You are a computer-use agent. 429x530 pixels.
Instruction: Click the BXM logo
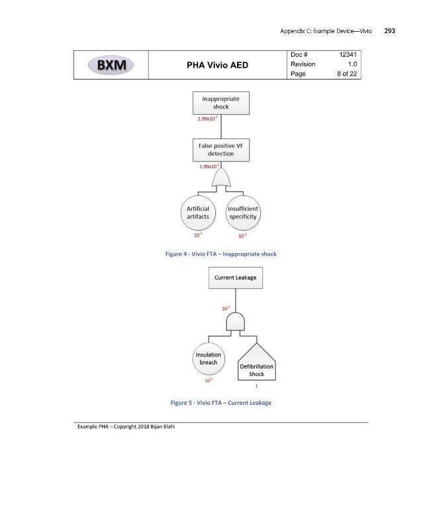coord(111,65)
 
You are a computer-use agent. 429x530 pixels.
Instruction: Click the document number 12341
coord(348,54)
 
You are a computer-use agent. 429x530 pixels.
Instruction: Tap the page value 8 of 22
coord(345,74)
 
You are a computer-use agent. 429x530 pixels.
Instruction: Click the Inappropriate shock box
coord(220,103)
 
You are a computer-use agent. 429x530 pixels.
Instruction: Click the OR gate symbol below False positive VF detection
coord(220,180)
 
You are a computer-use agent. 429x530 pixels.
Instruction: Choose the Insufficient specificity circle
coord(242,213)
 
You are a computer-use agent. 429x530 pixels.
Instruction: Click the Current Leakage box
coord(236,278)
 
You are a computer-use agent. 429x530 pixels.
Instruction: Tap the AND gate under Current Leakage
coord(236,321)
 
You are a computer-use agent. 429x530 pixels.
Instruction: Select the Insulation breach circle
coord(209,358)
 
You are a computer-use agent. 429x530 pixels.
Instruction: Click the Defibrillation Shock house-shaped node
coord(256,362)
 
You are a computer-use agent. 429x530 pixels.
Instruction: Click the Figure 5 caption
coord(220,403)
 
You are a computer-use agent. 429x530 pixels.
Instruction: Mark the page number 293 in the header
coord(389,31)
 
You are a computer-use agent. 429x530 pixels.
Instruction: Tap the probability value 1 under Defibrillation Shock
coord(256,387)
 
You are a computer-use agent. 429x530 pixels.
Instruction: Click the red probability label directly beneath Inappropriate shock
coord(208,119)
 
